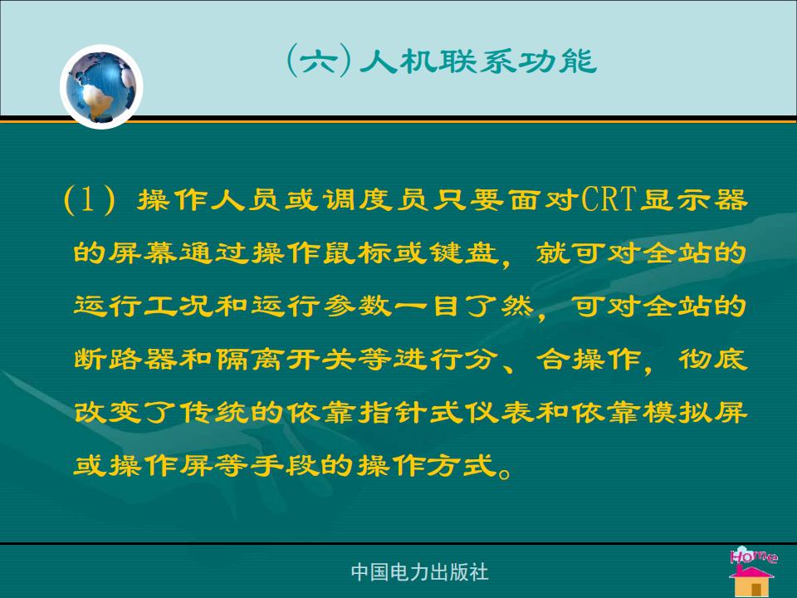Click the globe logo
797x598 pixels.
pos(101,86)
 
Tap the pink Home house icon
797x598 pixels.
pos(753,571)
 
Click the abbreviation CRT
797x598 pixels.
pos(609,199)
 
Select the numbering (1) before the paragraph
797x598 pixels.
pos(90,199)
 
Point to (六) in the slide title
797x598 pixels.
pos(319,61)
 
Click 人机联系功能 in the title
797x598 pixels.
pos(478,61)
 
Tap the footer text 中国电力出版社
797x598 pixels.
pos(420,572)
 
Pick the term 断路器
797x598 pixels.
pos(126,359)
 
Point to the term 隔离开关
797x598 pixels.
pos(286,359)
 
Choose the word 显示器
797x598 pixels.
pos(694,199)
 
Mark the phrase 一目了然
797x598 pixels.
pos(464,306)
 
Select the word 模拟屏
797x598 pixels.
pos(695,412)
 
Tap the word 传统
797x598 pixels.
pos(214,412)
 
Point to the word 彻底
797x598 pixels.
pos(713,359)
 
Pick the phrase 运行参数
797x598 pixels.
pos(321,306)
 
